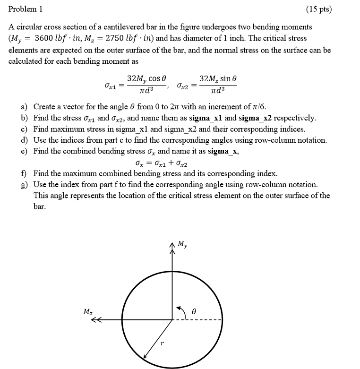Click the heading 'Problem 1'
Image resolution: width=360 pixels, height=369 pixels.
click(25, 9)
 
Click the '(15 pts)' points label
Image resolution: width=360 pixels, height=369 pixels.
click(318, 9)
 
